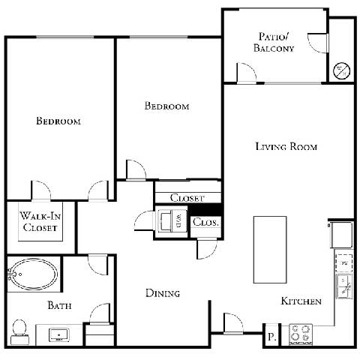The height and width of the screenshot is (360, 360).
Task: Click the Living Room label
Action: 285,147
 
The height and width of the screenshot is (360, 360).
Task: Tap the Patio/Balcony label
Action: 275,42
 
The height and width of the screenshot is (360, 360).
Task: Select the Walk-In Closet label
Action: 40,222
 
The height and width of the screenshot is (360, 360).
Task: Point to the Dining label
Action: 163,293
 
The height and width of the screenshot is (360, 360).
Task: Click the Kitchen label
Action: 301,301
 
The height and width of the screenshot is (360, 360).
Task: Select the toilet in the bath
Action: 20,329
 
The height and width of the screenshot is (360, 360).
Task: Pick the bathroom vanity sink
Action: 58,333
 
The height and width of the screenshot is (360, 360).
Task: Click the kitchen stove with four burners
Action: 301,333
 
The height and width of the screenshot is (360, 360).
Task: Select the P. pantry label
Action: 271,337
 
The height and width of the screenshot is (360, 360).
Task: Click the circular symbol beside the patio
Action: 341,70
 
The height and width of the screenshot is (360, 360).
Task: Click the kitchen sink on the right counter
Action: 345,284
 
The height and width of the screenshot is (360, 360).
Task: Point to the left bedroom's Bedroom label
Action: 58,121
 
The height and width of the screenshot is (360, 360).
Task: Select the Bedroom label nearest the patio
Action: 166,106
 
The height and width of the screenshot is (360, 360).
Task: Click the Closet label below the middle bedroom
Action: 187,198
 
